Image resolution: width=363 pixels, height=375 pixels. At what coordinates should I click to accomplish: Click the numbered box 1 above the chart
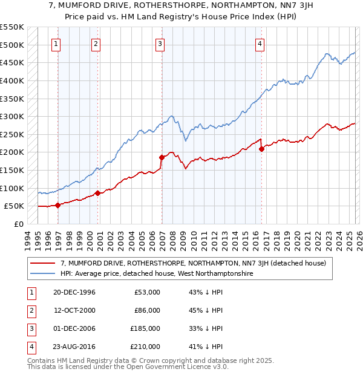[x=56, y=43]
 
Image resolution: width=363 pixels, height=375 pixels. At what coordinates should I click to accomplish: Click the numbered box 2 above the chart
[x=96, y=43]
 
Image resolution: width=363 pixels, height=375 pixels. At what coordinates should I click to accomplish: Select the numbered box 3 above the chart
[x=160, y=43]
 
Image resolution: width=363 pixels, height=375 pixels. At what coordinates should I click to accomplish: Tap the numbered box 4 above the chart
[x=259, y=43]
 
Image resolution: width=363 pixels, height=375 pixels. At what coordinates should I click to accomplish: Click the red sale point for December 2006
[x=162, y=157]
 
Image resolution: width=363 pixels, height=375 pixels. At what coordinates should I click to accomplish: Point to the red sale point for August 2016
[x=261, y=148]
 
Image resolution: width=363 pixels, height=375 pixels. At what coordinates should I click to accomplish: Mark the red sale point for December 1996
[x=58, y=205]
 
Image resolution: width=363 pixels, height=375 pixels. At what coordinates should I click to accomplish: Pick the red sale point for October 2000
[x=97, y=193]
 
